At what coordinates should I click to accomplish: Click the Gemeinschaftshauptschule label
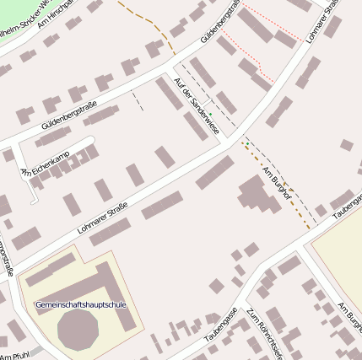[x=80, y=304]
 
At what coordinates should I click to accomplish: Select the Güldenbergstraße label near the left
[x=69, y=115]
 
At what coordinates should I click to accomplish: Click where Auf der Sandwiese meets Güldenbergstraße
[x=173, y=68]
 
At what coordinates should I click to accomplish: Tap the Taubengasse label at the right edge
[x=348, y=206]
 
